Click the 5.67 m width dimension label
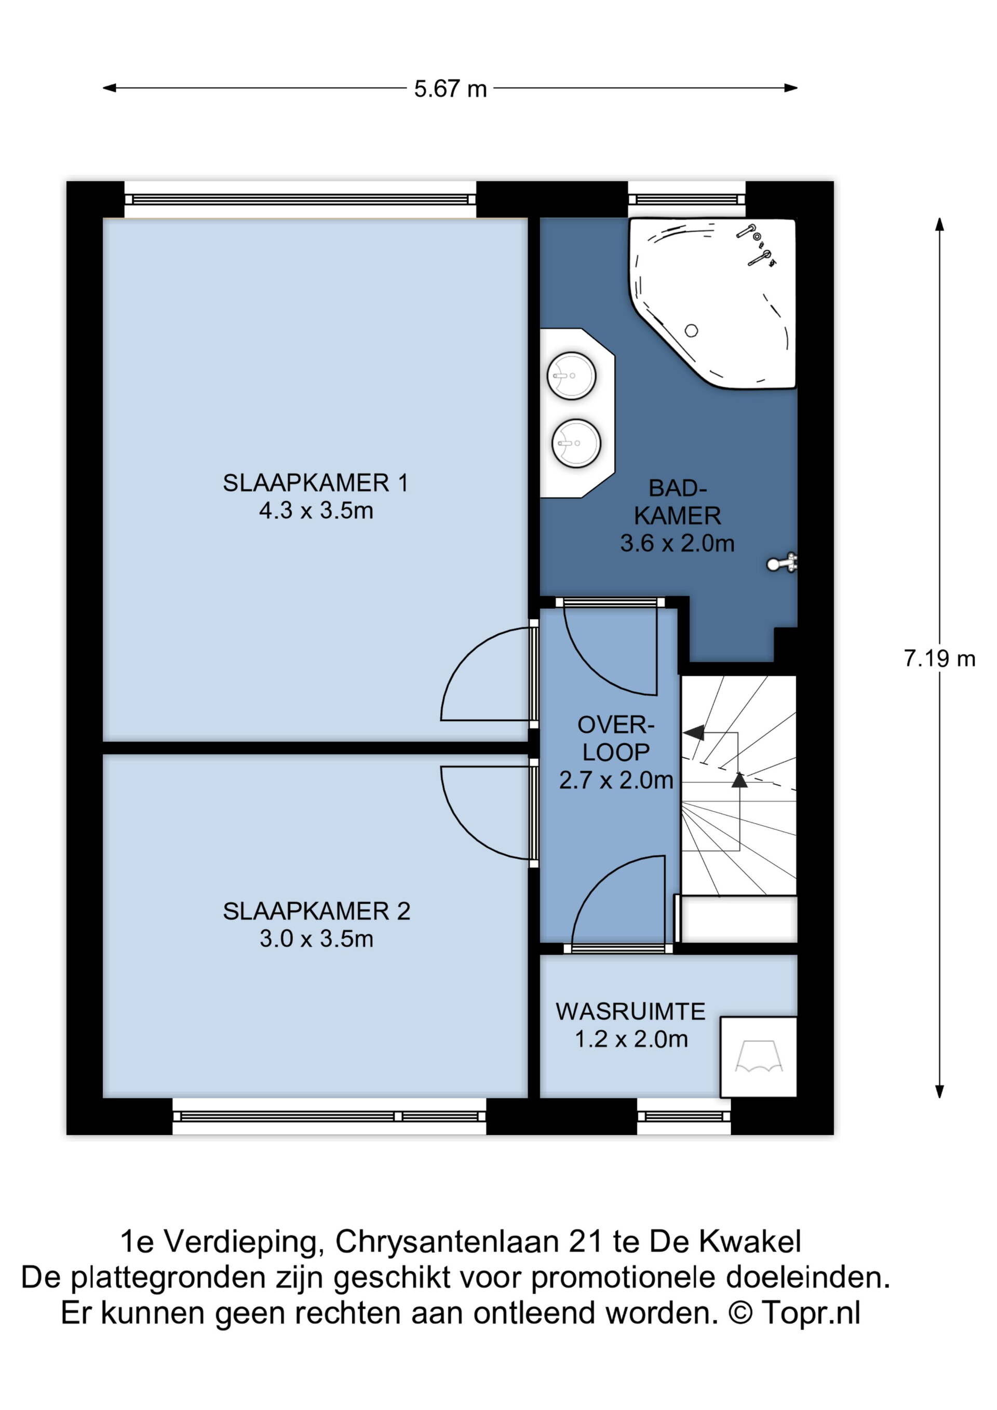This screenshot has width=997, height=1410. point(450,89)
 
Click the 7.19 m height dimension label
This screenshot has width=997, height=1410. point(939,659)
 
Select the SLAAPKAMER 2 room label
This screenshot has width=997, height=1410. point(316,911)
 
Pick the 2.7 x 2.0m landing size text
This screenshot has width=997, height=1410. point(616,780)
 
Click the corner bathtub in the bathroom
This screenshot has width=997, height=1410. point(712,303)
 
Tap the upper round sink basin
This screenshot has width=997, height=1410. point(572,376)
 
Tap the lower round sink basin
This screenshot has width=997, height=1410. point(576,444)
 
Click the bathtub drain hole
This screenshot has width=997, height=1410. point(691,331)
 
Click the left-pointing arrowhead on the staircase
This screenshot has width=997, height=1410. point(693,733)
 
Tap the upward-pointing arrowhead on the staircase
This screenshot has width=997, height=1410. point(740,780)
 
